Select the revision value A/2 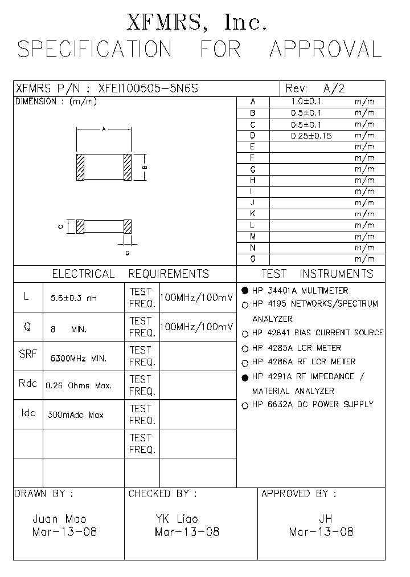click(x=334, y=88)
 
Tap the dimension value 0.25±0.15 click(x=311, y=136)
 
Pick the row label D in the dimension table click(x=252, y=136)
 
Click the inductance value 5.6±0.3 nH click(x=74, y=298)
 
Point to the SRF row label click(x=28, y=354)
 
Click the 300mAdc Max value click(x=77, y=415)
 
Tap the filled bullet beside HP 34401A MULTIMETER click(x=245, y=290)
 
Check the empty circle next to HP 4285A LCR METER click(x=245, y=348)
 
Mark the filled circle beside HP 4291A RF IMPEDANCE click(x=245, y=377)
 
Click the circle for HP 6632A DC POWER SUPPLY click(x=245, y=405)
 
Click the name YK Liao click(x=177, y=519)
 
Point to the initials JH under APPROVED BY click(x=325, y=519)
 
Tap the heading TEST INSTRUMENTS click(x=317, y=274)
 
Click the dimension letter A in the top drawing click(x=104, y=129)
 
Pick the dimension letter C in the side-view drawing click(x=60, y=226)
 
